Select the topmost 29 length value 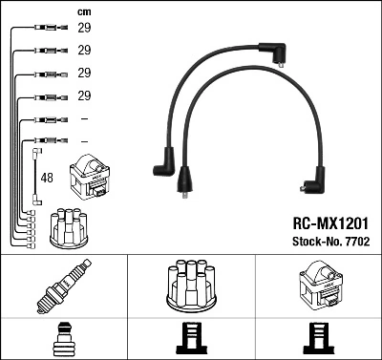coord(84,30)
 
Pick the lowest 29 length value coord(84,96)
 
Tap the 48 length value coord(48,177)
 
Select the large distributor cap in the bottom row coord(191,286)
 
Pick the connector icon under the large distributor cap coord(191,338)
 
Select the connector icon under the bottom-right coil coord(317,338)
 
